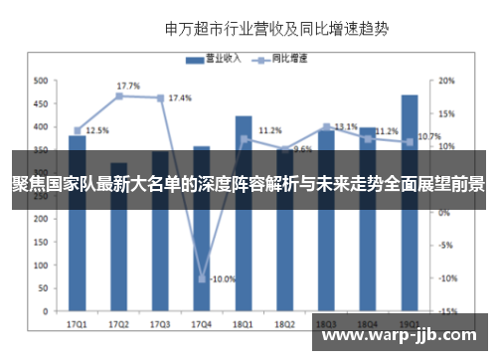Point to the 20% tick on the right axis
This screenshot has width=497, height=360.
(x=447, y=81)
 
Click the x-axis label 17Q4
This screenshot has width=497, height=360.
(x=201, y=323)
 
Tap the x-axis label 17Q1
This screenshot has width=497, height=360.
(x=77, y=323)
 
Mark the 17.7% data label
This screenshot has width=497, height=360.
(x=128, y=86)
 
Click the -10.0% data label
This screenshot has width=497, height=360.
(x=223, y=279)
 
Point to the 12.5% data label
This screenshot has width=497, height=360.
(x=97, y=130)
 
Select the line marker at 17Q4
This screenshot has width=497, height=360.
(x=202, y=278)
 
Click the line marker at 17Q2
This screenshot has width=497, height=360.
(x=118, y=96)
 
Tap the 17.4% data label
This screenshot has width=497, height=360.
(x=180, y=98)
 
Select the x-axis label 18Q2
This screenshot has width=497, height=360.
(x=284, y=323)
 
